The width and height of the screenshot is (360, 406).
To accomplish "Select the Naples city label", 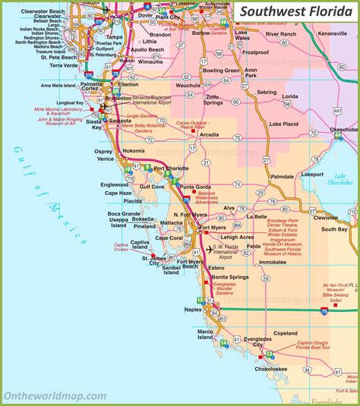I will tap(194, 309).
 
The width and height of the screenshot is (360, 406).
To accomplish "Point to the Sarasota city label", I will tap(120, 121).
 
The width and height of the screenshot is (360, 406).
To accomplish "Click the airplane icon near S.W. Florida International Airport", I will tap(210, 247).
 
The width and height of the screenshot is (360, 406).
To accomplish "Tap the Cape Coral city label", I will tap(169, 238).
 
